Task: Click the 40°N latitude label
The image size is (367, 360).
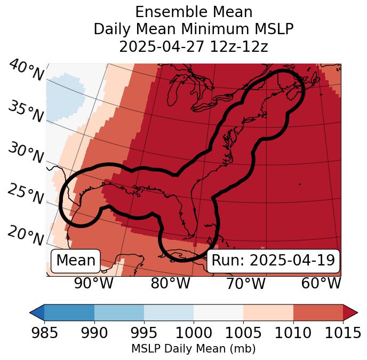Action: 26,71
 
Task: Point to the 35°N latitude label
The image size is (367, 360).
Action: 26,112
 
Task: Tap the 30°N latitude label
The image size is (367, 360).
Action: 26,153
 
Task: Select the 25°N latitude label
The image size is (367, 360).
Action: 26,194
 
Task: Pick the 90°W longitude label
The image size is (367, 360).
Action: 94,283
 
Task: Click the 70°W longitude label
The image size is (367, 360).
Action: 245,283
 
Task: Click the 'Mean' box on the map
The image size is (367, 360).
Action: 76,261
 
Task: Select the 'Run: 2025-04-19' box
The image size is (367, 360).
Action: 273,261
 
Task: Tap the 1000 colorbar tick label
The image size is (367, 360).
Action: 194,333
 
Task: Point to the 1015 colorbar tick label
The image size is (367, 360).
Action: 343,333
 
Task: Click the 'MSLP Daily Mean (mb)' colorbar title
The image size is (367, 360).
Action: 194,349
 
